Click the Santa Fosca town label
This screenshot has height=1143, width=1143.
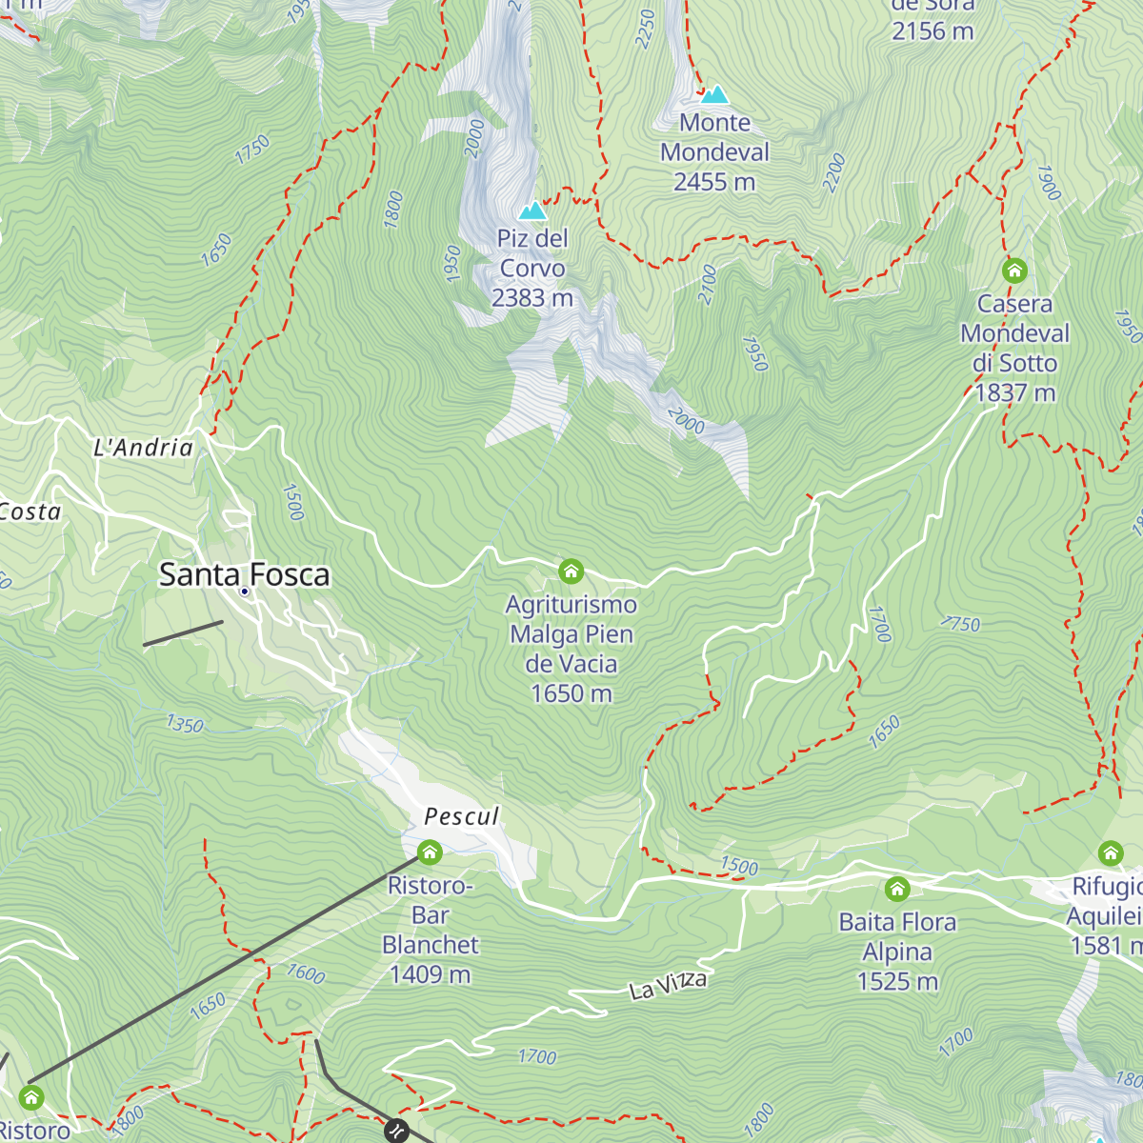244,574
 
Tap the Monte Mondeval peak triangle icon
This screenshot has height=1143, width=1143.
714,94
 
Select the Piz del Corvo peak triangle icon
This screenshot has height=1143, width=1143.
532,211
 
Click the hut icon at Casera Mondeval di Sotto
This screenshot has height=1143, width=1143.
1014,271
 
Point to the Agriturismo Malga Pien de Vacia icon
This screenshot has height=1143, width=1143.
571,571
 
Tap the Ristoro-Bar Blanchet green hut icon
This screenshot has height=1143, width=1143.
430,852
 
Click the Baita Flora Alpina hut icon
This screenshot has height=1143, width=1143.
897,890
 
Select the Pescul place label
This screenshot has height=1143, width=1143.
461,816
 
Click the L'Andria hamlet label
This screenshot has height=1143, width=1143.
143,448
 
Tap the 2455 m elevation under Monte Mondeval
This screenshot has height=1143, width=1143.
714,182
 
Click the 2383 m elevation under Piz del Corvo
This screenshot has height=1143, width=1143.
532,298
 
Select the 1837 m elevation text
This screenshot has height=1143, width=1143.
1015,392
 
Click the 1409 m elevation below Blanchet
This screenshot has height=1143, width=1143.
430,974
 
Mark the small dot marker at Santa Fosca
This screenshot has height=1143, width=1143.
245,592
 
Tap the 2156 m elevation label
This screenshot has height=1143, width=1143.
932,31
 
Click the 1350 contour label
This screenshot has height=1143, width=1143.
185,725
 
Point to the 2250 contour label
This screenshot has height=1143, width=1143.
645,29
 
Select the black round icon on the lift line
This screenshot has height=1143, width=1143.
396,1131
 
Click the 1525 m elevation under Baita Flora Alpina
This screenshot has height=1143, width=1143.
897,981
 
